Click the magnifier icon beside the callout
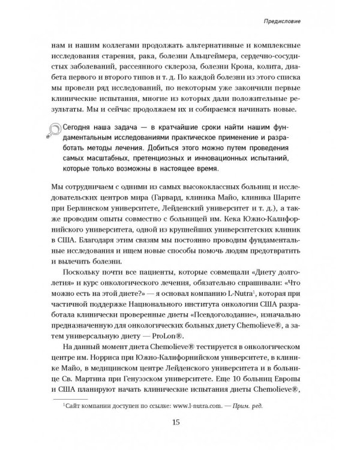(x=59, y=132)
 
